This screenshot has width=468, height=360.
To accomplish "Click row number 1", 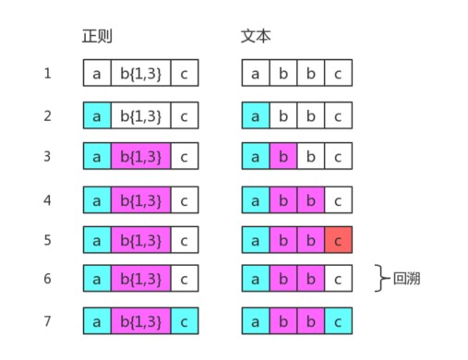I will click(47, 73).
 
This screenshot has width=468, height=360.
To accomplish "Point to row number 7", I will click(47, 320).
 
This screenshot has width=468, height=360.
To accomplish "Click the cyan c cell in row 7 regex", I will click(185, 320).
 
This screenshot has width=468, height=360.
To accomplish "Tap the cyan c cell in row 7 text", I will click(338, 320).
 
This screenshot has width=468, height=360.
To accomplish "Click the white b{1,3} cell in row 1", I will click(140, 73).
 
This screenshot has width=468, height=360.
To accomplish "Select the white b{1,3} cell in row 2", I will click(140, 115).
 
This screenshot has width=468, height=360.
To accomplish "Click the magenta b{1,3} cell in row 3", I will click(140, 156).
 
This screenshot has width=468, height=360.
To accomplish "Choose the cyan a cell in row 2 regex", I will click(96, 115).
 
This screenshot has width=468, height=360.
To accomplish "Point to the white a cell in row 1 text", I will click(256, 73).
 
